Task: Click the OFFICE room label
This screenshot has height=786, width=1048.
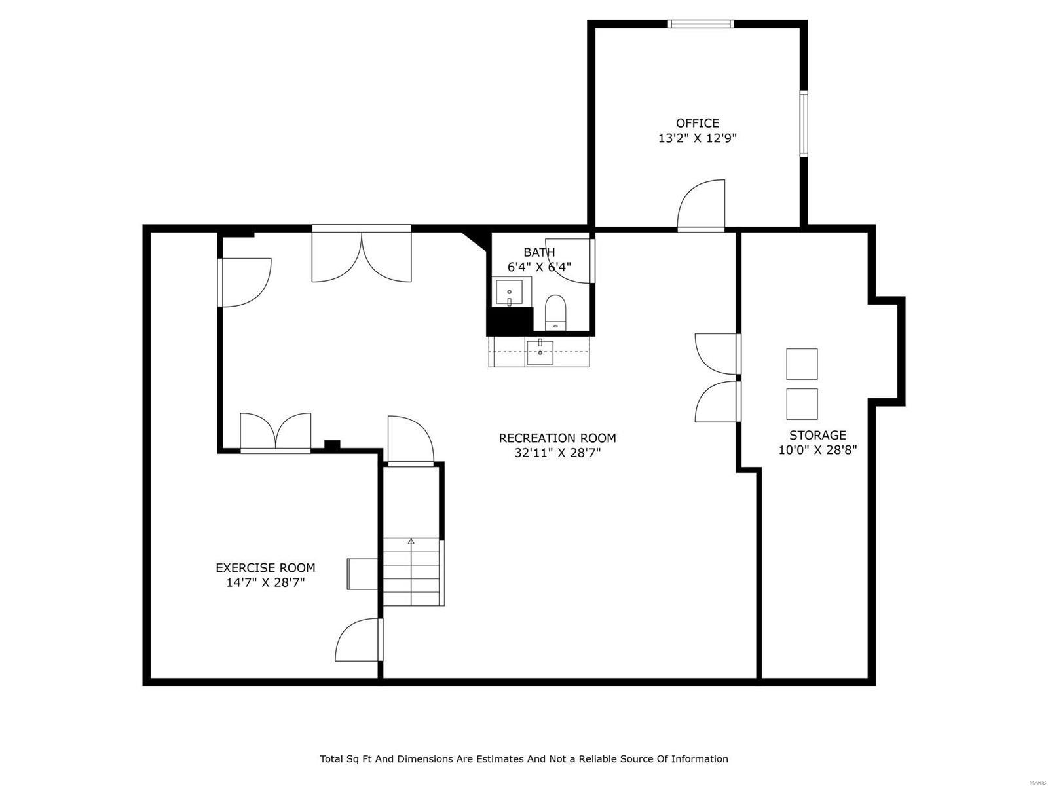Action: coord(697,123)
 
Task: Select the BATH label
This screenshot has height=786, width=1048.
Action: coord(539,252)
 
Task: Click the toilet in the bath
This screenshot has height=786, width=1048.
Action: coord(555,312)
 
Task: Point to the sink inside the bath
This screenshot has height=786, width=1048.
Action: coord(509,292)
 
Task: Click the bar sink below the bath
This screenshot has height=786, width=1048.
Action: coord(540,352)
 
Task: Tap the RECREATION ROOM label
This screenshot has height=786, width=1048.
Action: coord(557,438)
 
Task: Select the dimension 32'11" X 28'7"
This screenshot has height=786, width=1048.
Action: coord(557,453)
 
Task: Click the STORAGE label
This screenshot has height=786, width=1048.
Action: coord(817,435)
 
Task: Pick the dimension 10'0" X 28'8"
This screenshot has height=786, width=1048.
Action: coord(817,450)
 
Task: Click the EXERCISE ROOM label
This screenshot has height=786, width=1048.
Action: coord(265,568)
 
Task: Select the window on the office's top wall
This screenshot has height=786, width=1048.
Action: coord(700,24)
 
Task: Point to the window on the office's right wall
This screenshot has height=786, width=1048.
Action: coord(803,124)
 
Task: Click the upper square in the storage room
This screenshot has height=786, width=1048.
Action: coord(802,364)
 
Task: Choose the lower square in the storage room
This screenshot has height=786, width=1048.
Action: coord(802,403)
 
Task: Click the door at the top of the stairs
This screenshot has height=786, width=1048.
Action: coord(410,441)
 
